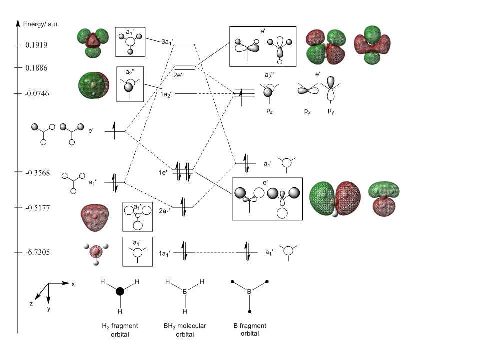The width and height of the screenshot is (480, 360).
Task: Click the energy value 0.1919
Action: tap(36, 45)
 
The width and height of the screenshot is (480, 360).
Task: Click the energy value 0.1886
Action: tap(36, 68)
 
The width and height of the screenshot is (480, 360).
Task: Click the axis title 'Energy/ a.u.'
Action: tap(41, 24)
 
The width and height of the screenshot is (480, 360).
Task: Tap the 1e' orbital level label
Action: tap(164, 172)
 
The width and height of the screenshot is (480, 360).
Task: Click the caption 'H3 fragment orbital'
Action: tap(119, 330)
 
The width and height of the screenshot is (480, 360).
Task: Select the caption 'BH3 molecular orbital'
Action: tap(185, 330)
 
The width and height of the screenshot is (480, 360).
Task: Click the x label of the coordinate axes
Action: tap(73, 284)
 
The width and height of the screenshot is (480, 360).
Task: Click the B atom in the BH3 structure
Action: tap(184, 291)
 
